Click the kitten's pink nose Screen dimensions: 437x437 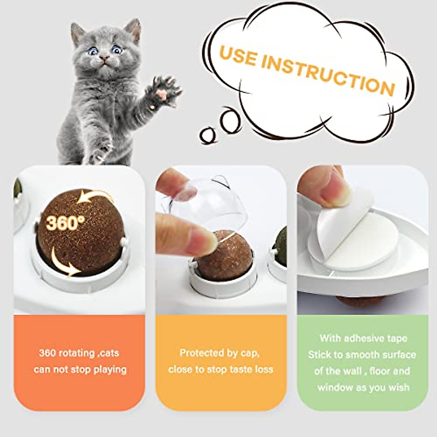pos(105,58)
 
